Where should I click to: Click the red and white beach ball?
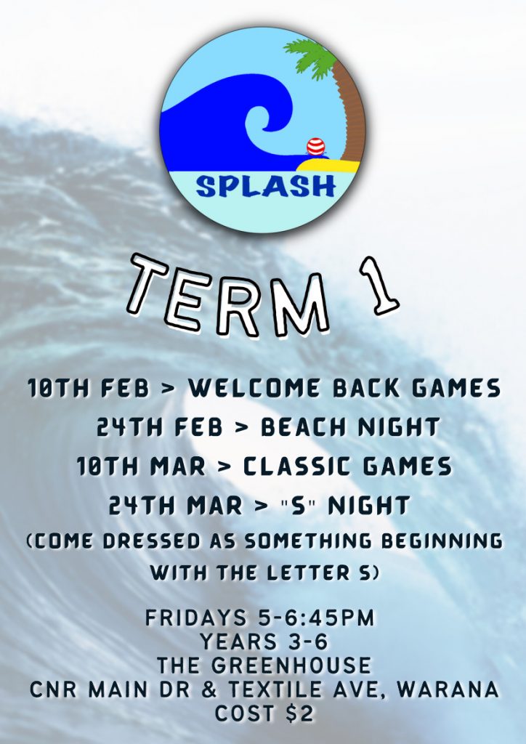point(315,147)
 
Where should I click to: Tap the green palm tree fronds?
point(312,57)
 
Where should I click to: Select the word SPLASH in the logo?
point(266,187)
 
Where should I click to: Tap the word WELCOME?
point(254,388)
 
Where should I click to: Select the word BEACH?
point(304,427)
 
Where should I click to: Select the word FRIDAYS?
point(196,618)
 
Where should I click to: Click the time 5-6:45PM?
point(317,618)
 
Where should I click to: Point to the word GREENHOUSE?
point(291,666)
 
